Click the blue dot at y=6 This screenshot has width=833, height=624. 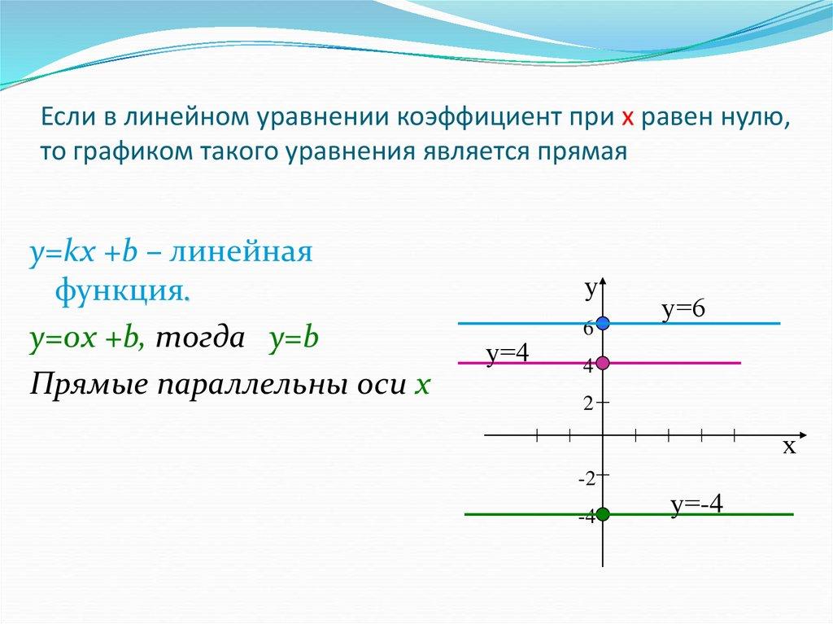pos(602,324)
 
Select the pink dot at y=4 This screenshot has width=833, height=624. pos(602,363)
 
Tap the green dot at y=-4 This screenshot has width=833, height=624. pos(602,514)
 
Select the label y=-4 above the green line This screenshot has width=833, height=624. pos(697,504)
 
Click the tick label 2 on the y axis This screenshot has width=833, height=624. pos(587,403)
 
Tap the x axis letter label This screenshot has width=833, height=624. pos(788,447)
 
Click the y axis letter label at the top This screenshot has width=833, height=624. pos(591,287)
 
